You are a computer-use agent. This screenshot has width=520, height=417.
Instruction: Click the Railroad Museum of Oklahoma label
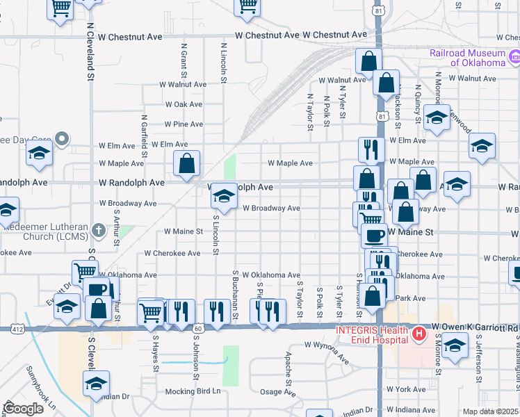467,58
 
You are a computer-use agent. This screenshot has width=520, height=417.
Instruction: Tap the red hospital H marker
419,335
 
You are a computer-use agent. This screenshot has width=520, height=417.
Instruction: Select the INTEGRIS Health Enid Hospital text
372,334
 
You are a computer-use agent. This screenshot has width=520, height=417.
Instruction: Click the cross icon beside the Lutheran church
99,229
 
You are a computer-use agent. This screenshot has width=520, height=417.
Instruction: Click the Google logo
23,409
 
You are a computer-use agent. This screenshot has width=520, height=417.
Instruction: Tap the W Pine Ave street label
184,124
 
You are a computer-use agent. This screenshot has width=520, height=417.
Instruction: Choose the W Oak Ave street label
184,104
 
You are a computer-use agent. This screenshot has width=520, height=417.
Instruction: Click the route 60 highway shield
198,327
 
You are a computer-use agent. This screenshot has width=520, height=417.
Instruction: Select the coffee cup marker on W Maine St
375,235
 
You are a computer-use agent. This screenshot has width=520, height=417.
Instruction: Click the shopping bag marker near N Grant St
186,165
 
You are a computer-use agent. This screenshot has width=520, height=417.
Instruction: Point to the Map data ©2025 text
490,411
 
